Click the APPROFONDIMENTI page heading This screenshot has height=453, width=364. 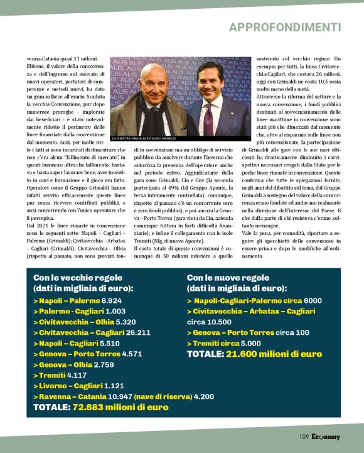285,27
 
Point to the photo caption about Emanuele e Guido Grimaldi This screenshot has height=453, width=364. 144,138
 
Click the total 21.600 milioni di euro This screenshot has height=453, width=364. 274,354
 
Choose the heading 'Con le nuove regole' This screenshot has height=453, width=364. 228,277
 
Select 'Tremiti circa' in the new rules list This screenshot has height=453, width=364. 213,343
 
